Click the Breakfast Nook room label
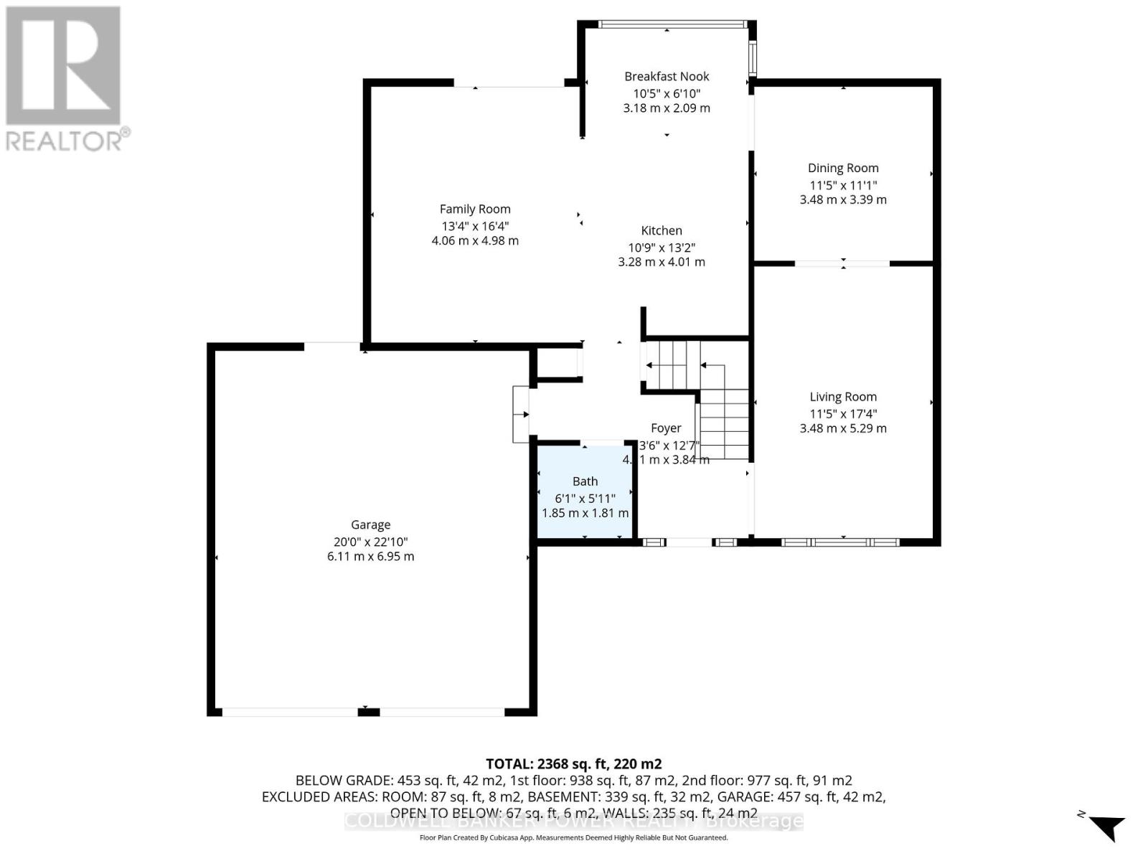pos(667,76)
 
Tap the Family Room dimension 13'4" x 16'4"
pos(474,225)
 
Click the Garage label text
pos(370,524)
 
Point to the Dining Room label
pos(843,168)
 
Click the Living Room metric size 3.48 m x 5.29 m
pos(843,428)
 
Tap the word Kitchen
pos(662,230)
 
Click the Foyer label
pos(666,428)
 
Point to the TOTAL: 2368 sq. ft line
pos(573,763)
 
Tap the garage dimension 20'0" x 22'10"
pos(370,542)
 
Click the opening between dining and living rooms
pos(842,264)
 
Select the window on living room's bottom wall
pos(840,542)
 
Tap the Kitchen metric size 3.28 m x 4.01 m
pos(662,262)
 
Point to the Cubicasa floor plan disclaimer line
pos(573,837)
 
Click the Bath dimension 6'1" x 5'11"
pos(585,498)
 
